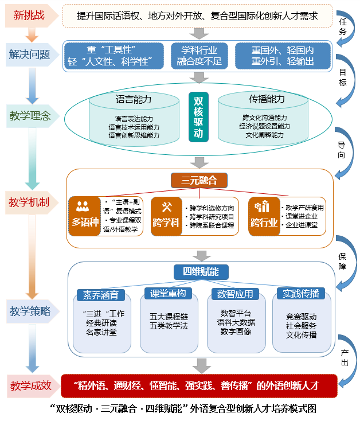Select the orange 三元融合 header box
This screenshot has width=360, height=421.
pyautogui.click(x=199, y=181)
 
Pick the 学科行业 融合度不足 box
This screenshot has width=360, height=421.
pyautogui.click(x=199, y=54)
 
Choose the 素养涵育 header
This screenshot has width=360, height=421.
pyautogui.click(x=101, y=294)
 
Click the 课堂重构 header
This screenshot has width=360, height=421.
pyautogui.click(x=167, y=294)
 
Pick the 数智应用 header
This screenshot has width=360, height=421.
pyautogui.click(x=234, y=294)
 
